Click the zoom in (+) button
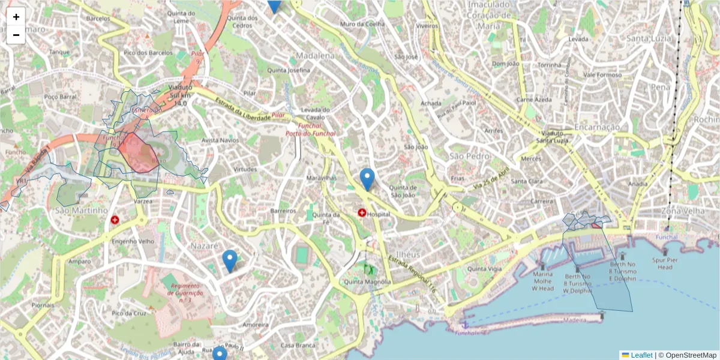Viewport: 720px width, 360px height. (x=16, y=17)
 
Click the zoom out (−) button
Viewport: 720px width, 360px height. (x=16, y=35)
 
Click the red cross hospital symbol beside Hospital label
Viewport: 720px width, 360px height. (x=362, y=212)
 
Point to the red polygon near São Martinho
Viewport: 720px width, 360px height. (x=137, y=153)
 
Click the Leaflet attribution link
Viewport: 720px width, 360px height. (x=641, y=355)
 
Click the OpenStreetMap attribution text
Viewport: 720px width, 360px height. (x=691, y=355)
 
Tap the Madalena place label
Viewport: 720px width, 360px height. (x=315, y=56)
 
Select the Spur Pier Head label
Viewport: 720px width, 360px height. (x=665, y=263)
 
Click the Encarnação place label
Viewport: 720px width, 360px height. (x=596, y=127)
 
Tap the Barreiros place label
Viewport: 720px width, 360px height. (x=283, y=211)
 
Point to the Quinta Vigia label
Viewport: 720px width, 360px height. (x=484, y=269)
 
